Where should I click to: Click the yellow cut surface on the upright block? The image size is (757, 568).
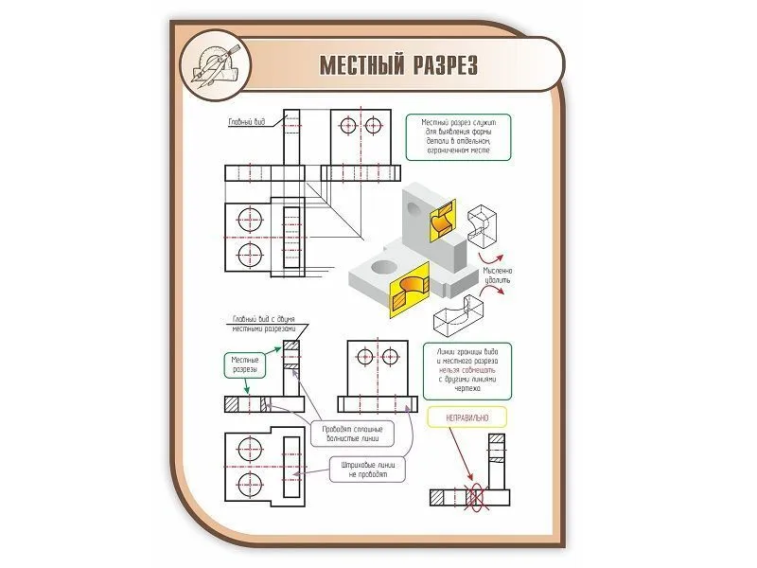point(442,220)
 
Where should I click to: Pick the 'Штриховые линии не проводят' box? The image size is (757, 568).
point(367,470)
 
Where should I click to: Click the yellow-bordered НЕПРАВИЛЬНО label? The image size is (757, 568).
point(465,417)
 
